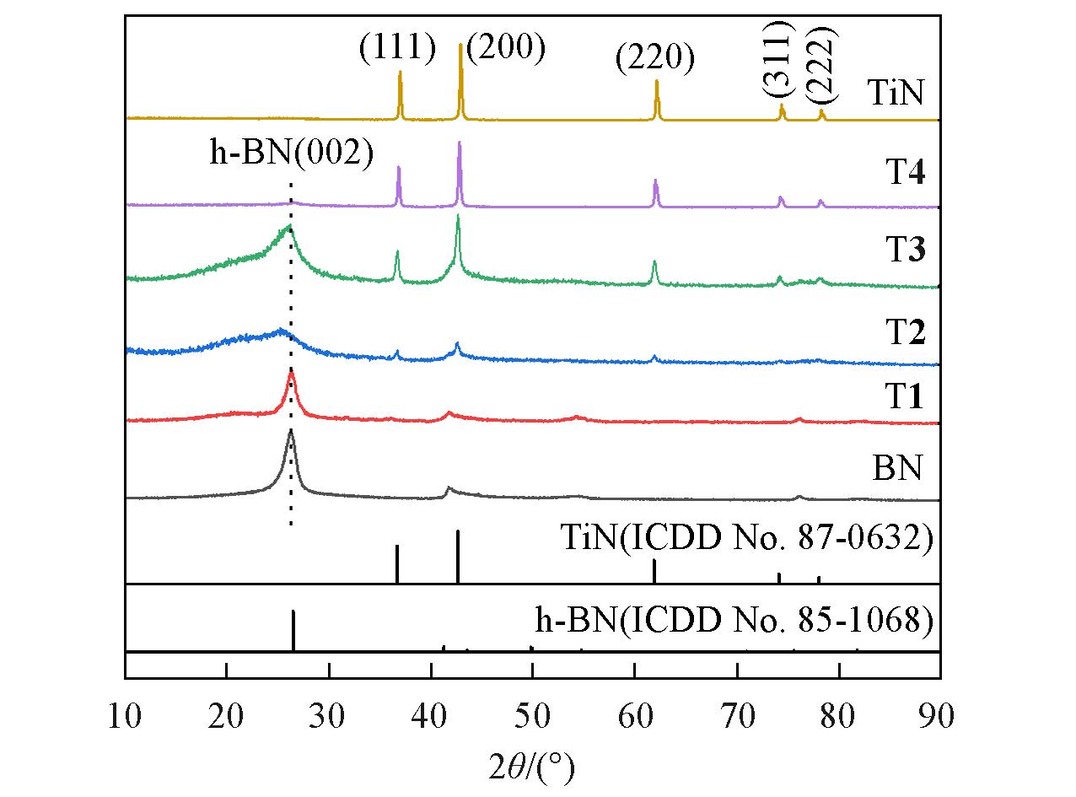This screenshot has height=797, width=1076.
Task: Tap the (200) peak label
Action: click(x=506, y=48)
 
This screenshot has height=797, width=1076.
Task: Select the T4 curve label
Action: click(x=905, y=175)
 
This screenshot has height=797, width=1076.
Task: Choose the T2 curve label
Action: click(x=905, y=334)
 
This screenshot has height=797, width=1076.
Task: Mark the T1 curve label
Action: click(x=905, y=396)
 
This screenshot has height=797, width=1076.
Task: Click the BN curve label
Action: click(x=897, y=466)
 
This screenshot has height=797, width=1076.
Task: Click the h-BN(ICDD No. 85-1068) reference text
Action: click(x=734, y=621)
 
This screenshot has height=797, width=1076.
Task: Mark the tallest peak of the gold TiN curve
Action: click(x=460, y=46)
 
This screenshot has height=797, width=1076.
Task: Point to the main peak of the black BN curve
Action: click(x=291, y=433)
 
